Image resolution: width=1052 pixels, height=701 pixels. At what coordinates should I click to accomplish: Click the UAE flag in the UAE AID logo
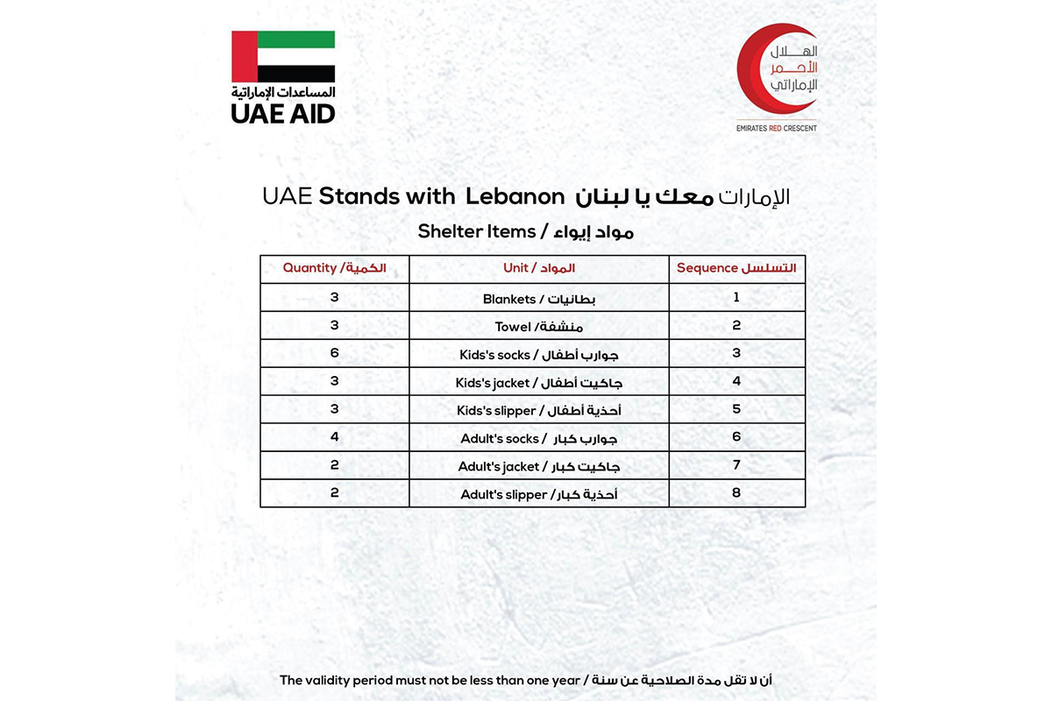click(283, 57)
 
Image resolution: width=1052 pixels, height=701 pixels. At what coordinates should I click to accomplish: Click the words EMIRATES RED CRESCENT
click(777, 128)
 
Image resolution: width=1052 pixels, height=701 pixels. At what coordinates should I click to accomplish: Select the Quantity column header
click(334, 268)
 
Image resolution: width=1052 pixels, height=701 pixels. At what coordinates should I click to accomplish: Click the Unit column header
click(538, 268)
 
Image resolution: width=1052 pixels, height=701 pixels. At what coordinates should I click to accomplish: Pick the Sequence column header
click(736, 268)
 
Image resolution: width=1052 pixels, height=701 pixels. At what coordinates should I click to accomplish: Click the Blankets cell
click(538, 299)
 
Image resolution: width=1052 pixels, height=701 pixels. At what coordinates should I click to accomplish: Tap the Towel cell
click(538, 327)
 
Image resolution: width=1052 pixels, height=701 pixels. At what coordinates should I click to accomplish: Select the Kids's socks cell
click(538, 355)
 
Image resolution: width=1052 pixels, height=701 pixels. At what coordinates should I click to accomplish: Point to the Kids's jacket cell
click(538, 383)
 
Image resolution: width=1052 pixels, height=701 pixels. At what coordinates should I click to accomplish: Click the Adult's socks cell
click(538, 438)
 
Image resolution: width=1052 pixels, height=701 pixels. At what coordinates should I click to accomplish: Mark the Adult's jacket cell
click(538, 466)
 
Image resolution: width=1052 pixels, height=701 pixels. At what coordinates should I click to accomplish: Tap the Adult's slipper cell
click(538, 494)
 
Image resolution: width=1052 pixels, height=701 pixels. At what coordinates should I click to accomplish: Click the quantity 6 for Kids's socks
click(334, 353)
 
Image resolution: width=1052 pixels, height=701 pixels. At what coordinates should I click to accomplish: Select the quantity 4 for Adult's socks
click(334, 436)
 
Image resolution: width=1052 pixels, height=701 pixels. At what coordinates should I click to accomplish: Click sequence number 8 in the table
click(736, 492)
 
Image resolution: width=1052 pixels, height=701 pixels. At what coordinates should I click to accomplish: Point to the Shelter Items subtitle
click(525, 231)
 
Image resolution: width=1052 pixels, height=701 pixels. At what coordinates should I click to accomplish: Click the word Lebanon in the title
click(514, 197)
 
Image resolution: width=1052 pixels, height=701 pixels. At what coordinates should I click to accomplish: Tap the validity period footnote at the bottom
click(525, 680)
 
